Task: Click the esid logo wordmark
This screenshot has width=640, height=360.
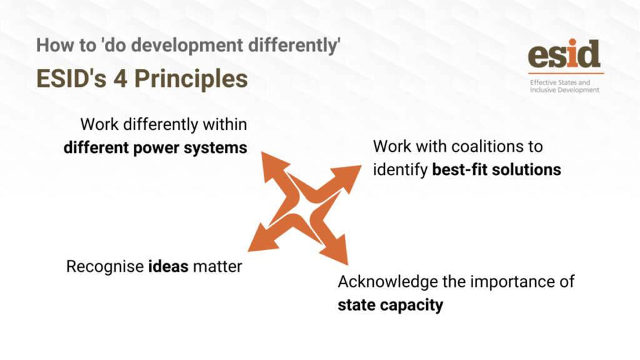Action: (x=564, y=54)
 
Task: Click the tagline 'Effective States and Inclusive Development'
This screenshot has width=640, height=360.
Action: (x=564, y=86)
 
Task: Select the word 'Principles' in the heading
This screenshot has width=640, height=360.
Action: (x=191, y=79)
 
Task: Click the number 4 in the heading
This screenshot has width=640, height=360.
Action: (x=121, y=78)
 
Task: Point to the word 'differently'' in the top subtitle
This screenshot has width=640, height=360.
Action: (x=294, y=45)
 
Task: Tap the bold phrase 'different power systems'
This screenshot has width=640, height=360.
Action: (x=155, y=147)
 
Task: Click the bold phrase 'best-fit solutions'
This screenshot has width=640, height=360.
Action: (x=496, y=169)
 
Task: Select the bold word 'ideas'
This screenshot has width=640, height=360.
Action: (x=168, y=266)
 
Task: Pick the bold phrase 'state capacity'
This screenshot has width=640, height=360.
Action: (x=390, y=305)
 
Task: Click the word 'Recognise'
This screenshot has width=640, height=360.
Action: (x=105, y=266)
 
